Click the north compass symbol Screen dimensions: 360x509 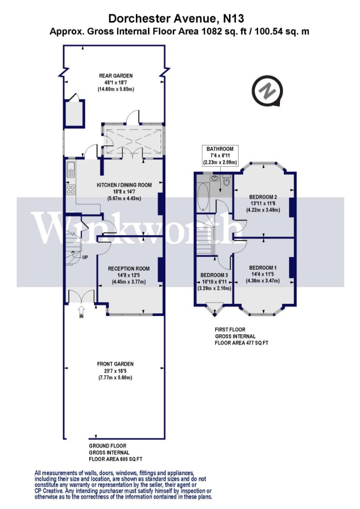[x=267, y=91]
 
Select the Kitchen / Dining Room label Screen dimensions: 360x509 [x=124, y=191]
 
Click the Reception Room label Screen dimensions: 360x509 [x=129, y=275]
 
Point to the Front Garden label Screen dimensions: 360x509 [x=115, y=371]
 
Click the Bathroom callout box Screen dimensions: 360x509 [x=220, y=156]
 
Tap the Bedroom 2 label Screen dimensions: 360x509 [x=263, y=203]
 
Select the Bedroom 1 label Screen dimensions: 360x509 [x=263, y=274]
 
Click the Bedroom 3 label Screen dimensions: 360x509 [x=214, y=282]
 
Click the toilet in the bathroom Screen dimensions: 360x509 [x=227, y=181]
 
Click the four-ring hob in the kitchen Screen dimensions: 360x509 [x=70, y=190]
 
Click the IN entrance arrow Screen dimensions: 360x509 [x=81, y=311]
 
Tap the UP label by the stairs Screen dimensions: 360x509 [x=85, y=257]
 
